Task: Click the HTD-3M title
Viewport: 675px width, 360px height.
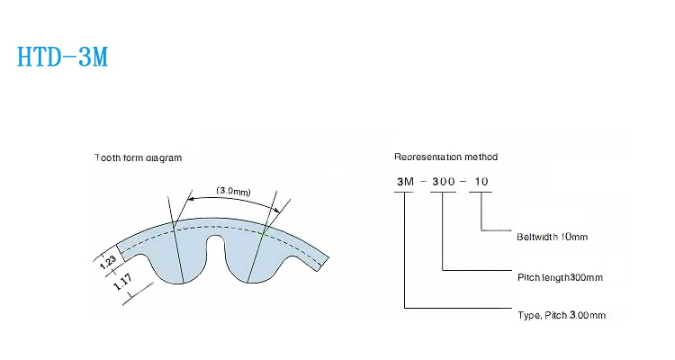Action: click(x=62, y=57)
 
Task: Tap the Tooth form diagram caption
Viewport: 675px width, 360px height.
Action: click(x=139, y=157)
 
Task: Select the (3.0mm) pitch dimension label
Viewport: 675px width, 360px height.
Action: click(x=233, y=191)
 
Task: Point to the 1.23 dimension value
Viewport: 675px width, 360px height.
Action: click(x=108, y=262)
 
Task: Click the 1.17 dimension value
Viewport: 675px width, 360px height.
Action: click(x=123, y=282)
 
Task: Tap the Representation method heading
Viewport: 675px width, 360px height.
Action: click(x=446, y=157)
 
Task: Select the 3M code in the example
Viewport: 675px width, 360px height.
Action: click(x=406, y=182)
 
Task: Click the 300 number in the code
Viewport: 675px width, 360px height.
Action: click(x=444, y=182)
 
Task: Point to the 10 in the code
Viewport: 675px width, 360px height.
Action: click(x=481, y=182)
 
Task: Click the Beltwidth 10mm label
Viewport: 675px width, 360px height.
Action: click(x=552, y=237)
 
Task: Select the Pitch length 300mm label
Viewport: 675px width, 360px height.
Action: click(x=560, y=277)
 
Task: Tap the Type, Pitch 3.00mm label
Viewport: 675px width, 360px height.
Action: click(x=562, y=315)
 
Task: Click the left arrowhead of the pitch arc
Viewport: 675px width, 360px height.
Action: click(x=190, y=199)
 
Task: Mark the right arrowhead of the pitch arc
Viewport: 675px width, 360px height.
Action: click(x=277, y=210)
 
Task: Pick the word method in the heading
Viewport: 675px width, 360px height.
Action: click(x=481, y=157)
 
